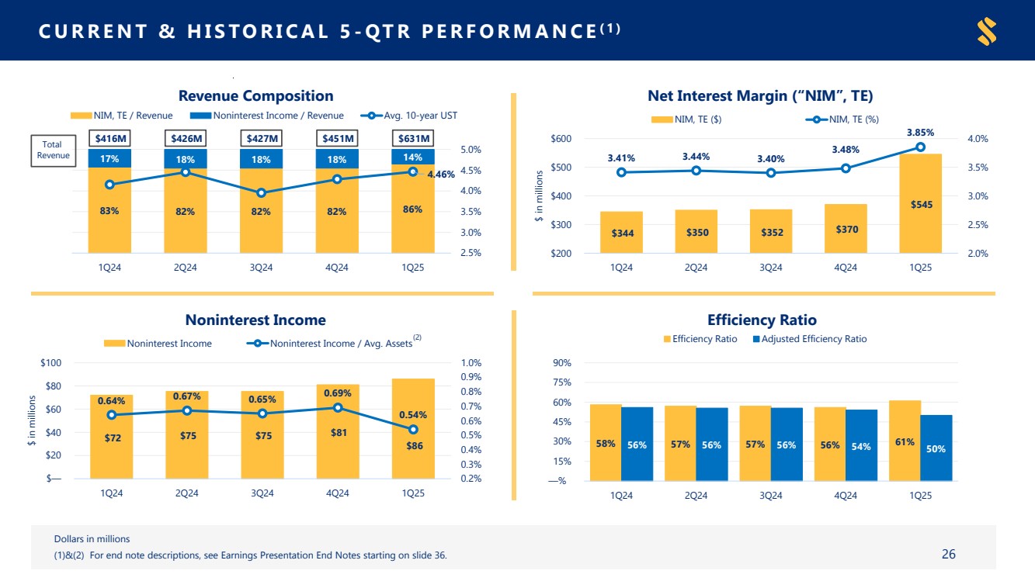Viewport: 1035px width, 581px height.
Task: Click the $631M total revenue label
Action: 412,139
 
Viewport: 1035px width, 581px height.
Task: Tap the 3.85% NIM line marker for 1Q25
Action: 920,147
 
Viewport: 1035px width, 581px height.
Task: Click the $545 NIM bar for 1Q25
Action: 920,203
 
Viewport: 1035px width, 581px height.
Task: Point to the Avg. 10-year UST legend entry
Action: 412,116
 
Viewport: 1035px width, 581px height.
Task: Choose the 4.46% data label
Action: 441,175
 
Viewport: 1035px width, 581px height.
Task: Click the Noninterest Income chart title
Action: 255,320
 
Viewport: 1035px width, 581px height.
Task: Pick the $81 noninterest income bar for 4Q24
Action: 339,431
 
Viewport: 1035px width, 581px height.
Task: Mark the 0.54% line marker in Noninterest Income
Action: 413,429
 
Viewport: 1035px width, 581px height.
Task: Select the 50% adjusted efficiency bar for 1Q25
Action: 936,448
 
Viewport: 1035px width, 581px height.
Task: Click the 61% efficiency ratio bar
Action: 905,441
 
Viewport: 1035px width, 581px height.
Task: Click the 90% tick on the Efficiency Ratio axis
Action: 562,363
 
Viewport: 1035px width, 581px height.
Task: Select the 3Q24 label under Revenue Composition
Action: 261,268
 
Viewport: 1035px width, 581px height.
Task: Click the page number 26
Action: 948,554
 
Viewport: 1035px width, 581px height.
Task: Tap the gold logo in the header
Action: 987,31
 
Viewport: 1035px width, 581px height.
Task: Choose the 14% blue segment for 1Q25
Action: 412,157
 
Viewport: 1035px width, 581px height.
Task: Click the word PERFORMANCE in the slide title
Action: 512,31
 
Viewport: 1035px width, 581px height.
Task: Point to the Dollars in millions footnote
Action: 92,538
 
